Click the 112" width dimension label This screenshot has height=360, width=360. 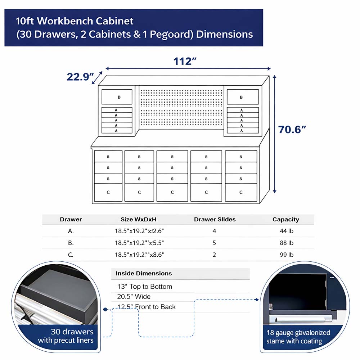tap(185, 61)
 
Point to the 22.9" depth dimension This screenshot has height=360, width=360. tap(80, 77)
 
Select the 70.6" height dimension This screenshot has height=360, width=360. tap(292, 129)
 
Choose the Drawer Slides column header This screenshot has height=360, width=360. tap(215, 219)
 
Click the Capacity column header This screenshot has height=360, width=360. tap(286, 219)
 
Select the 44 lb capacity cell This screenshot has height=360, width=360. tap(286, 231)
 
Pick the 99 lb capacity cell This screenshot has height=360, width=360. tap(286, 255)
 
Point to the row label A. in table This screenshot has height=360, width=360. tap(71, 231)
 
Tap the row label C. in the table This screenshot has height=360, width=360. tap(71, 255)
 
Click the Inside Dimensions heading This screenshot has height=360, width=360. tap(144, 273)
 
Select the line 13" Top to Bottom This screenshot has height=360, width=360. tap(145, 287)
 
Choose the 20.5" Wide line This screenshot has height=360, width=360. tap(134, 297)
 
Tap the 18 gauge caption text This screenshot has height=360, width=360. tap(298, 336)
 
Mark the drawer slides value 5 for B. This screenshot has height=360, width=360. tap(215, 243)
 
